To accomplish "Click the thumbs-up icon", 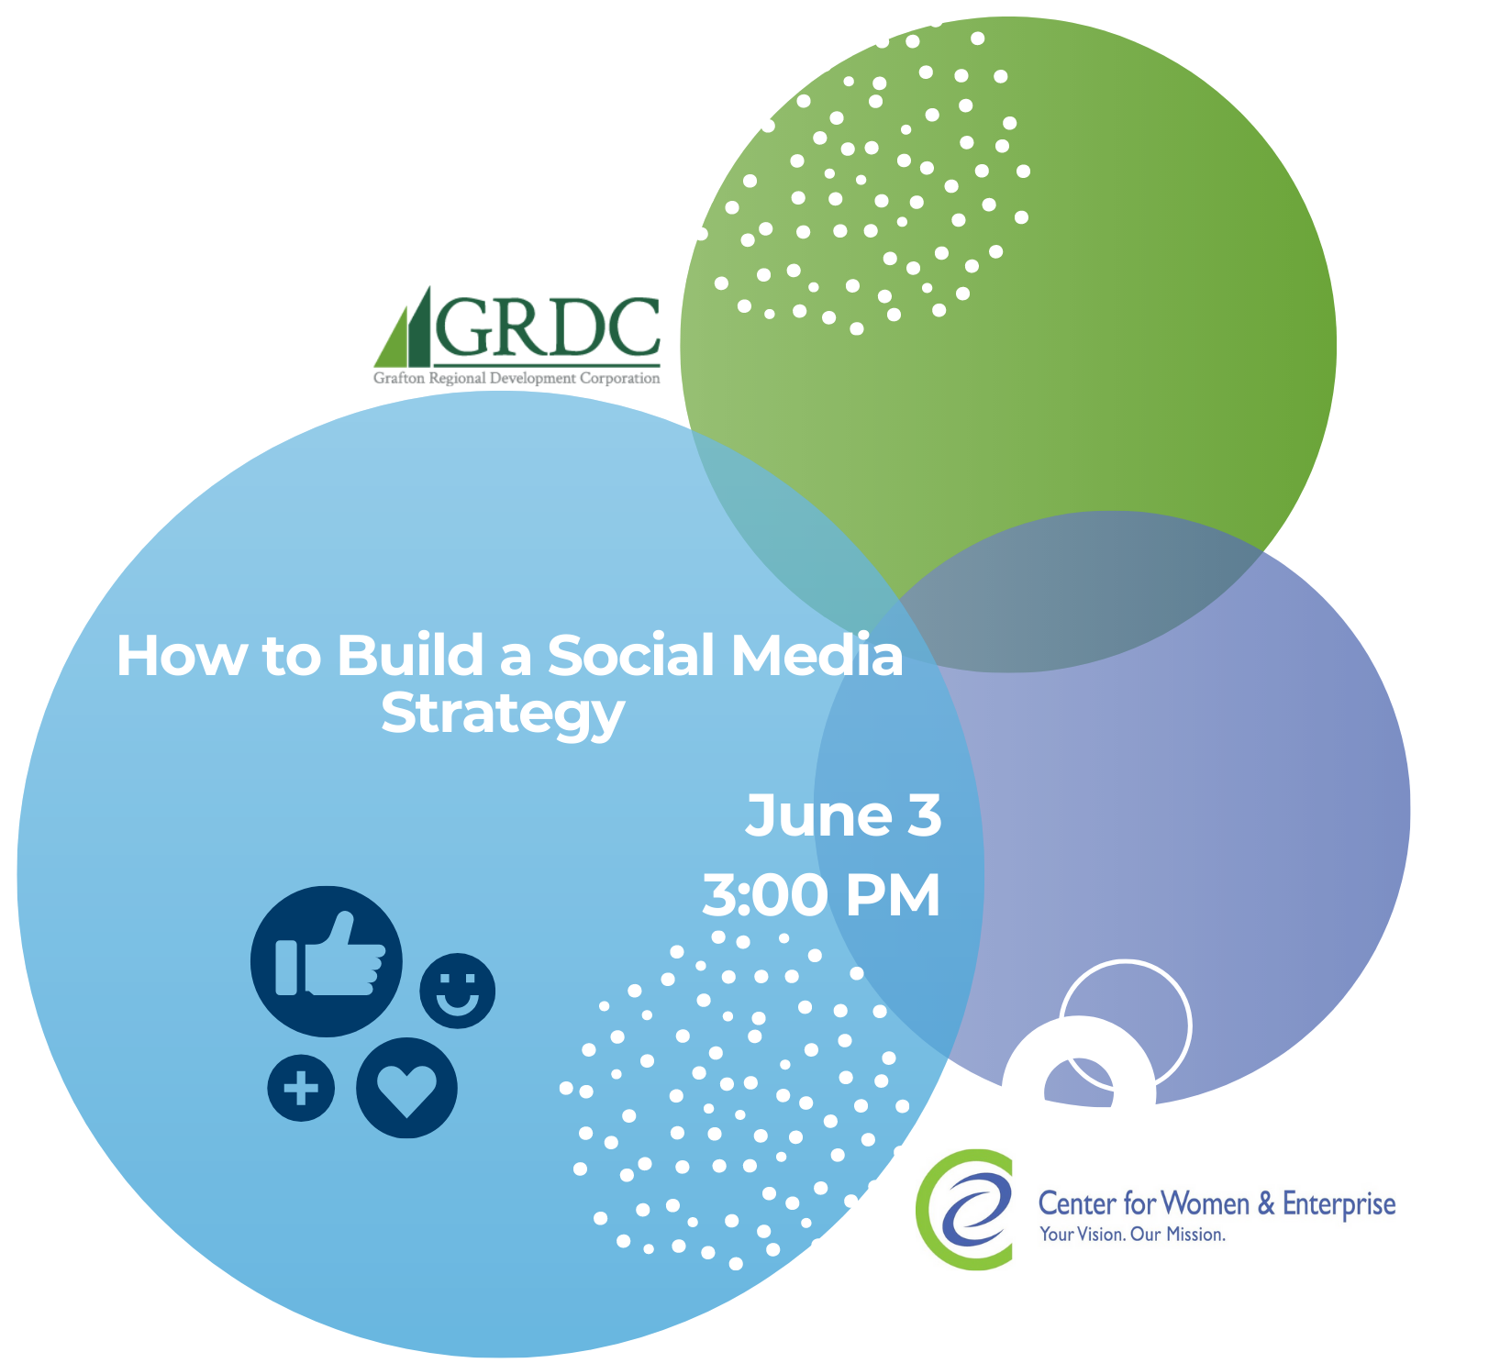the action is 327,960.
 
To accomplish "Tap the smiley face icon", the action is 457,991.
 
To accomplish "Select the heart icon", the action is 406,1088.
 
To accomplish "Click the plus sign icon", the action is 301,1088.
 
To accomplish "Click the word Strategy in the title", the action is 503,715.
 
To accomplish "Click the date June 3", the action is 844,815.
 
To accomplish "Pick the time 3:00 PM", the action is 822,895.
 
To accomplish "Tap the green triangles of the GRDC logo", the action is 403,327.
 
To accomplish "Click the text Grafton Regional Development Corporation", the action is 517,378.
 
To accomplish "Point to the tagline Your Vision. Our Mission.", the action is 1132,1235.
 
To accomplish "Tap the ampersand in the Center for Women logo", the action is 1266,1202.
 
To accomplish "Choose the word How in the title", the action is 182,656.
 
